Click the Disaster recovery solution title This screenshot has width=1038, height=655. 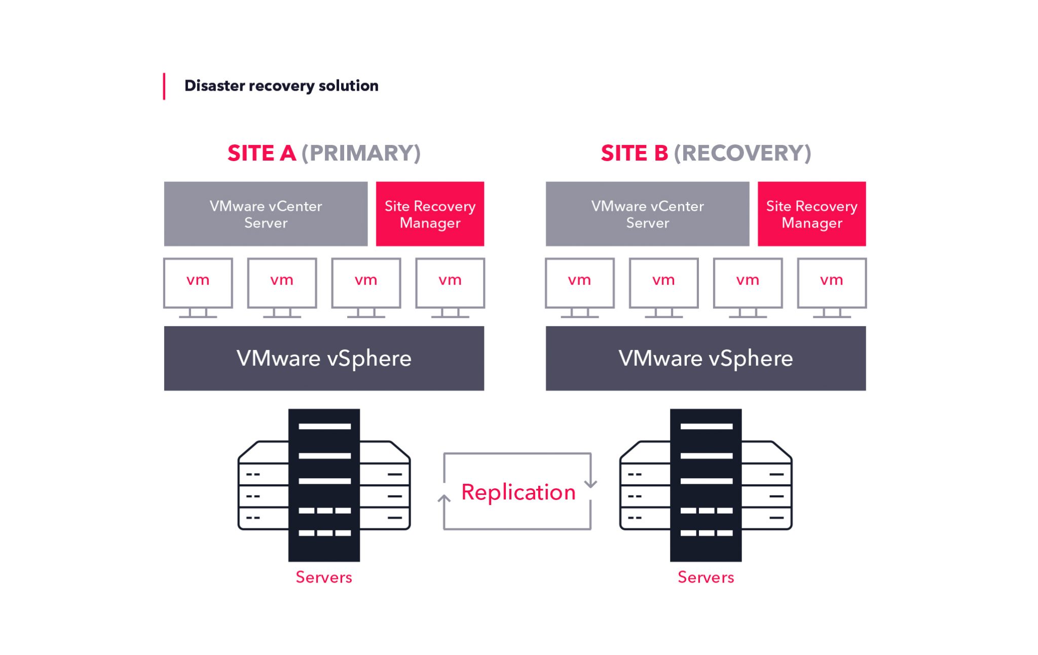[x=281, y=86]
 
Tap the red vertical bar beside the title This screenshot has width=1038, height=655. [x=164, y=87]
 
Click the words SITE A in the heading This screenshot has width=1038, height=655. [x=262, y=153]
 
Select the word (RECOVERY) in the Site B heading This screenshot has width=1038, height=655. [x=743, y=153]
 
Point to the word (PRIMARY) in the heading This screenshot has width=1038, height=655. [x=361, y=153]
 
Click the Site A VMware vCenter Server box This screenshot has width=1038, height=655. [x=266, y=214]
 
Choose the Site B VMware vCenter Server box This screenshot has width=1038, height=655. [x=647, y=214]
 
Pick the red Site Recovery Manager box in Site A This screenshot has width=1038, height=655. [x=430, y=214]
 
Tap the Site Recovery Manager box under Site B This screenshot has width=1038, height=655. [x=811, y=214]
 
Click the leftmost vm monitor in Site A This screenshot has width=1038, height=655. [x=198, y=283]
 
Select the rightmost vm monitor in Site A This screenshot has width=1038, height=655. [x=450, y=283]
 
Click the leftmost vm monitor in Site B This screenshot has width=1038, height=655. [x=579, y=283]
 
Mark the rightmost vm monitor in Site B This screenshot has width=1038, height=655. [x=832, y=283]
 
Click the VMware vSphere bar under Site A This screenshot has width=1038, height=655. [x=324, y=358]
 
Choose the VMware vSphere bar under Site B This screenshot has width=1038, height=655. [x=706, y=358]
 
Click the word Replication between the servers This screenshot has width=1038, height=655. [x=518, y=492]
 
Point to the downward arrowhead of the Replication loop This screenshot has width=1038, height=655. [x=590, y=484]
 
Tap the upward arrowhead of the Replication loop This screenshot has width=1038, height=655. [x=444, y=499]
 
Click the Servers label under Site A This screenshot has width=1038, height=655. [x=324, y=577]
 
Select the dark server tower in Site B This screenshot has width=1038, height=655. [x=706, y=485]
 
